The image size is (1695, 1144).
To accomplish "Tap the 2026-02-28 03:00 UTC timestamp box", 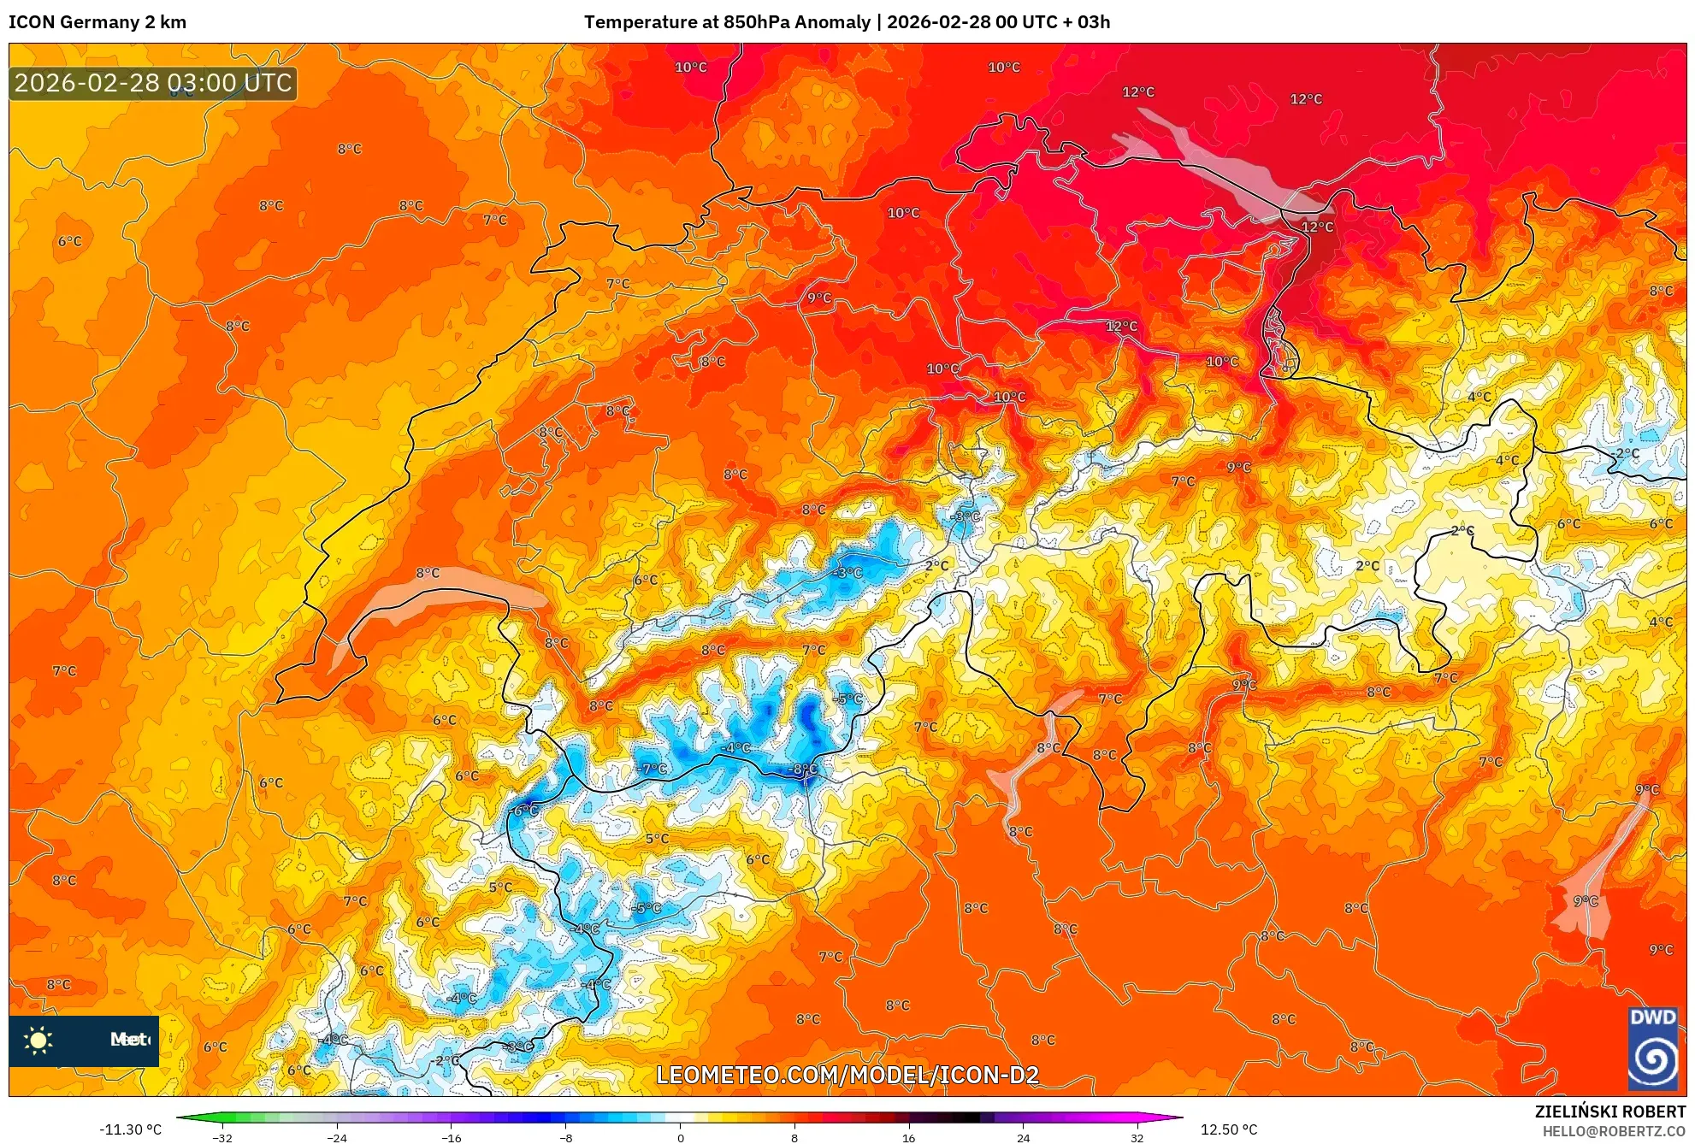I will tap(153, 83).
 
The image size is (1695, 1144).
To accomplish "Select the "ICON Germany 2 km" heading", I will tap(97, 22).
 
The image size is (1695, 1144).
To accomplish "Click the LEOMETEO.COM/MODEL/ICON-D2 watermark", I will tap(847, 1075).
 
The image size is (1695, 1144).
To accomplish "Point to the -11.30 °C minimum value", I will tap(130, 1129).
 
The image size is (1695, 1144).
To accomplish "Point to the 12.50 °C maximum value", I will tap(1229, 1129).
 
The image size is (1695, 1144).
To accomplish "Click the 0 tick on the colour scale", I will tap(681, 1137).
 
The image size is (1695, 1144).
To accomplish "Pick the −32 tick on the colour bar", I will tap(222, 1137).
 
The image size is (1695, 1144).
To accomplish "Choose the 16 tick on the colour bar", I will tap(908, 1137).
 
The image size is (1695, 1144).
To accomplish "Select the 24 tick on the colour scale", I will tap(1023, 1137).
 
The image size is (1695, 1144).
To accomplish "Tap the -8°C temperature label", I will tap(804, 769).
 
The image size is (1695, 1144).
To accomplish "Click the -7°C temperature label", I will tap(653, 769).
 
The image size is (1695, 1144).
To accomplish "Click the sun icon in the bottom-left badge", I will tap(38, 1040).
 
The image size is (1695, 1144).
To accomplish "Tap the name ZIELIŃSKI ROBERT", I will tap(1609, 1112).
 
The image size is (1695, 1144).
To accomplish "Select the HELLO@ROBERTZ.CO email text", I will tap(1614, 1131).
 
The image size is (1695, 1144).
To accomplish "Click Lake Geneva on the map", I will tap(428, 599).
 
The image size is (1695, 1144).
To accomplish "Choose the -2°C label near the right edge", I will tap(1625, 454).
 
